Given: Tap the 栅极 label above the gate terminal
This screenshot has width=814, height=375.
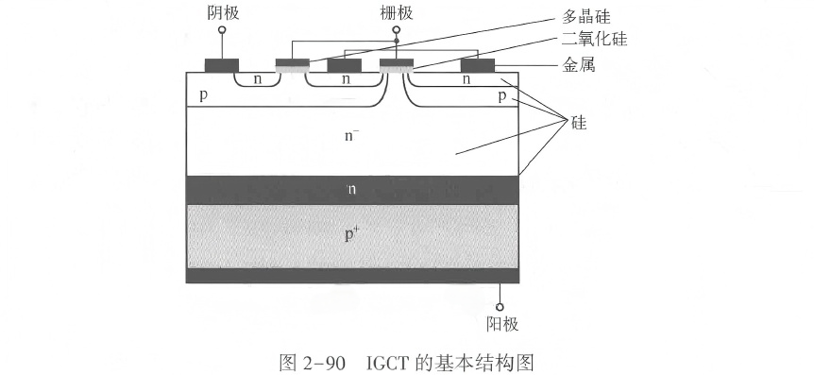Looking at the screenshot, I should (x=396, y=11).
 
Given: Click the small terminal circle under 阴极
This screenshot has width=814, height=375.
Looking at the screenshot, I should (x=222, y=30).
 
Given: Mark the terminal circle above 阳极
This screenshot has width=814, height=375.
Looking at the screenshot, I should (x=500, y=306).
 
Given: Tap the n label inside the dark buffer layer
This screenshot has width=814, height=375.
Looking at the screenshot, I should (x=351, y=189).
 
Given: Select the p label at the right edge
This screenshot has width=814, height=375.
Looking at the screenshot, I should (x=501, y=96).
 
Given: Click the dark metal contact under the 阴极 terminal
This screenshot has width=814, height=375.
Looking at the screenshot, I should (x=222, y=66).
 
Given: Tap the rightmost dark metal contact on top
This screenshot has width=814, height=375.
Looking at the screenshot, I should (x=478, y=66).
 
